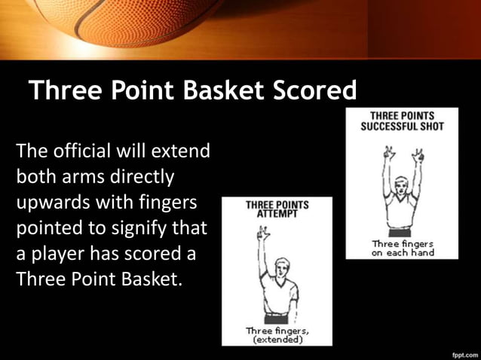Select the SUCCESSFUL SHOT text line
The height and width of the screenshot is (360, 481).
(402, 126)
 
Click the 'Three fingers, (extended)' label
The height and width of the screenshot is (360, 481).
(277, 335)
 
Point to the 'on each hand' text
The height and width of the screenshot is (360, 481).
(402, 253)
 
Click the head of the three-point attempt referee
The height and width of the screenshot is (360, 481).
(280, 268)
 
